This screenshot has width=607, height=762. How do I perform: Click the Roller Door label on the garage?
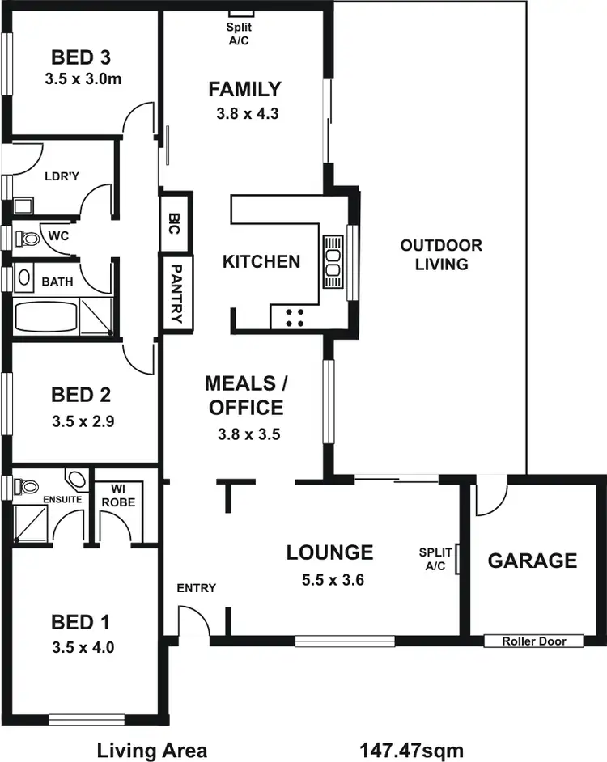(533, 641)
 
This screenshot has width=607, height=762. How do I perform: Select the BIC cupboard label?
(176, 222)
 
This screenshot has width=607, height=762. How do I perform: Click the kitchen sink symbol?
(333, 262)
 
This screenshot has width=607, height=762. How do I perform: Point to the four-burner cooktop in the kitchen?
(294, 317)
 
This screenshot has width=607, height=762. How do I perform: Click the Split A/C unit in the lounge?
(458, 559)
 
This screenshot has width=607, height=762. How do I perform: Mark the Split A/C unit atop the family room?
(241, 12)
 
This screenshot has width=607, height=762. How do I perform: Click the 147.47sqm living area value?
(412, 750)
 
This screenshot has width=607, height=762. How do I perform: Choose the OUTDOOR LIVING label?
(441, 254)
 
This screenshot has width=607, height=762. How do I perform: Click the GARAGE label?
(533, 561)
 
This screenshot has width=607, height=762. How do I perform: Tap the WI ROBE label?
(118, 495)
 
